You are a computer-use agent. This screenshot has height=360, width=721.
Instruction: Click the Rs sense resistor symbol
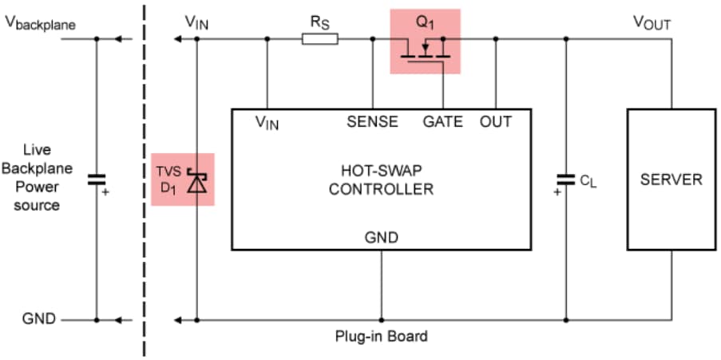tap(320, 38)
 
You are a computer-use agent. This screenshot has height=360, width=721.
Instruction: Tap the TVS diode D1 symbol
tap(196, 182)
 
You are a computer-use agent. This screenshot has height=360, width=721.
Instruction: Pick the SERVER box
tap(671, 179)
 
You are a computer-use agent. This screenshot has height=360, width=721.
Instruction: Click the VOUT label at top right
tap(652, 23)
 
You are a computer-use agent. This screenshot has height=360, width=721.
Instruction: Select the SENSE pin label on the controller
tap(372, 122)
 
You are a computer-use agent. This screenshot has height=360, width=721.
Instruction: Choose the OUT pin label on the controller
tap(496, 122)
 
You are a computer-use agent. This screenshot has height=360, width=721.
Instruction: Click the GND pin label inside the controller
tap(382, 237)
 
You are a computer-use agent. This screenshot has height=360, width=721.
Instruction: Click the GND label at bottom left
tap(39, 319)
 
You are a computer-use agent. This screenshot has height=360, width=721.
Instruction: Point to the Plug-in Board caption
tap(381, 336)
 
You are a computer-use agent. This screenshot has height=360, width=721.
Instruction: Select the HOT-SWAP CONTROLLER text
tap(381, 180)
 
